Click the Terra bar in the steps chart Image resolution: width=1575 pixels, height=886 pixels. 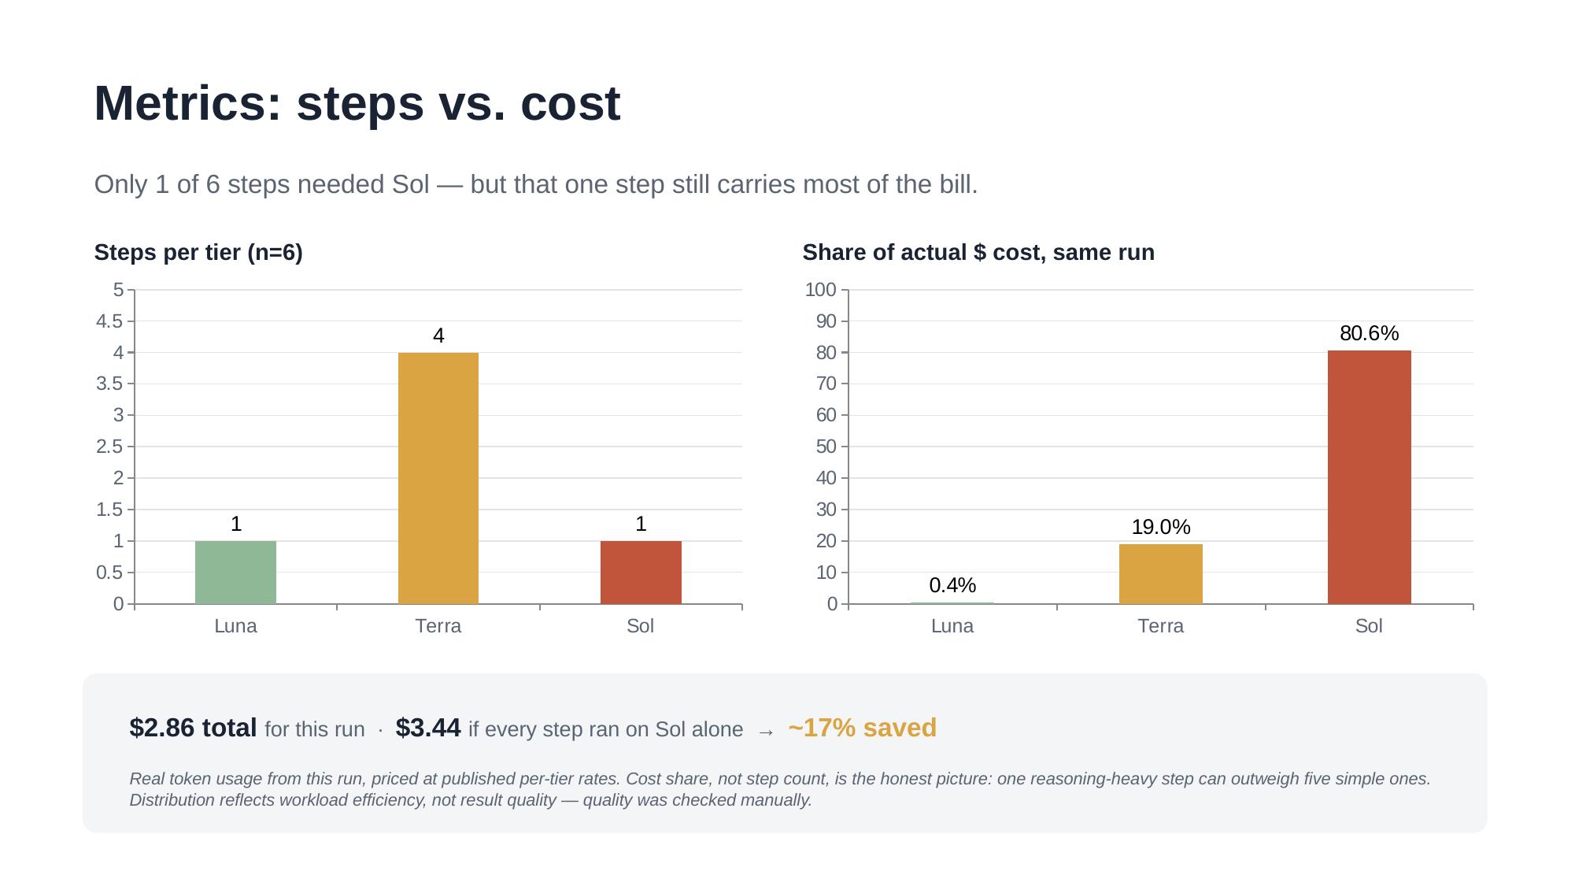tap(438, 478)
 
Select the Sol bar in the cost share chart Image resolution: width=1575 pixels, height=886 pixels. tap(1369, 477)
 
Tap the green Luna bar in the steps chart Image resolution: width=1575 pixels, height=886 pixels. tap(235, 573)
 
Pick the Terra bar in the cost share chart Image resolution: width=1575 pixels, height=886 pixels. tap(1160, 574)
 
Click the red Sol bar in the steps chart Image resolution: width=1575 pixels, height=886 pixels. tap(641, 573)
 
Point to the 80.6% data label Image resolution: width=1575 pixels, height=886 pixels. tap(1369, 333)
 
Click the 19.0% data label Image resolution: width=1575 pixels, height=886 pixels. tap(1160, 527)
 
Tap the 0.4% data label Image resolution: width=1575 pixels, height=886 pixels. tap(952, 585)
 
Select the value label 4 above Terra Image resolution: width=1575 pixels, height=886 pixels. tap(438, 336)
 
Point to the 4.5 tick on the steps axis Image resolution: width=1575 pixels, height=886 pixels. tap(109, 321)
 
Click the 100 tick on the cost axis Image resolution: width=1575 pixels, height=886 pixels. tap(820, 290)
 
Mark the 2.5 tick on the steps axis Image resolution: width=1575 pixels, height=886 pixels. tap(109, 447)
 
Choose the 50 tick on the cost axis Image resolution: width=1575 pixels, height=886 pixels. tap(826, 447)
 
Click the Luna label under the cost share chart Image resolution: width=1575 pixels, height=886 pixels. tap(952, 626)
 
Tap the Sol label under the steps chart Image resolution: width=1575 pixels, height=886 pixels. tap(641, 626)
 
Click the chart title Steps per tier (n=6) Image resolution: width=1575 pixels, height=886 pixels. tap(198, 253)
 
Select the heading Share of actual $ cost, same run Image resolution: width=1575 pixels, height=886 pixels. tap(978, 253)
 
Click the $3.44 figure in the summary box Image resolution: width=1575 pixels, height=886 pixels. tap(428, 728)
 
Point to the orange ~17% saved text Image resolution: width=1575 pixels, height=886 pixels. tap(862, 728)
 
